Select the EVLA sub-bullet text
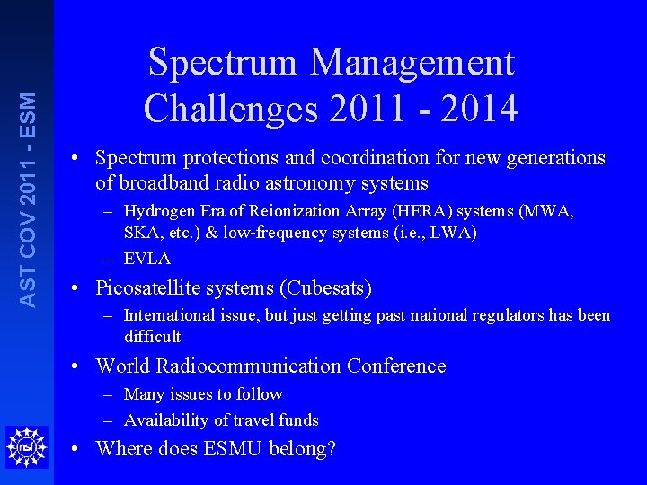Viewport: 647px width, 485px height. (146, 259)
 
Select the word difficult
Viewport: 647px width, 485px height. (153, 337)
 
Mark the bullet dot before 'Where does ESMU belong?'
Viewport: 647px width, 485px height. (79, 448)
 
